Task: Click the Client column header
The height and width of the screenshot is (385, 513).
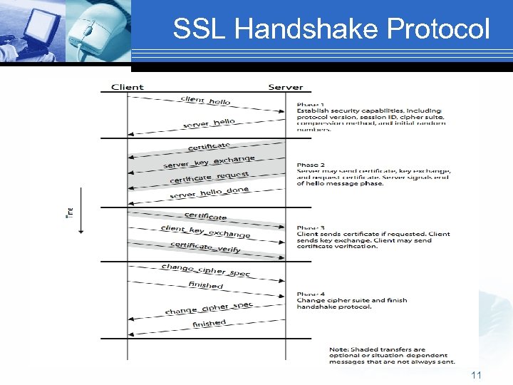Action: point(127,87)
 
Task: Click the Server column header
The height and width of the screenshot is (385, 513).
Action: point(285,87)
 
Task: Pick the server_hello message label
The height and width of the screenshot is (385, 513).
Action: point(209,123)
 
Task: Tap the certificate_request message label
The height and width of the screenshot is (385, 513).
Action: point(209,177)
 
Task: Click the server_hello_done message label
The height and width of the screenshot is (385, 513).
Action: point(209,192)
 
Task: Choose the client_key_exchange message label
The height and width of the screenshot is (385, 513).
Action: point(205,231)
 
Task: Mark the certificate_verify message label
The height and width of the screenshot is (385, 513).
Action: point(205,247)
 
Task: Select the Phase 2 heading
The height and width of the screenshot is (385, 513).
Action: point(311,165)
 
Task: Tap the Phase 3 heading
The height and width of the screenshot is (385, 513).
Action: point(311,227)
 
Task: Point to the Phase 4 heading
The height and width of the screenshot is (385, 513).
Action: point(311,294)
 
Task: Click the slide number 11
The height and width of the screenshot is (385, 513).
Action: point(476,374)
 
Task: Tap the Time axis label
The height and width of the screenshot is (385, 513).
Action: point(68,212)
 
